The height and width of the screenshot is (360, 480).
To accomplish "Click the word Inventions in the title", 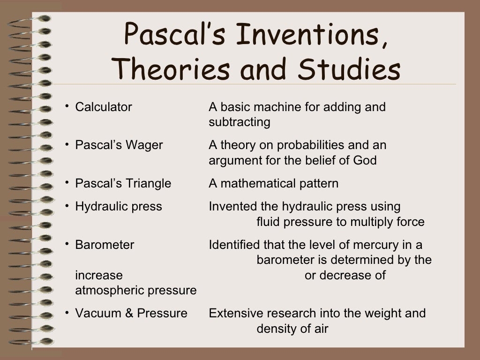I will [x=309, y=35].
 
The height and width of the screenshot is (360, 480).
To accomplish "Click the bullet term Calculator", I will [x=104, y=107].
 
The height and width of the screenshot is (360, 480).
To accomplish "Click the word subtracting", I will [x=240, y=123].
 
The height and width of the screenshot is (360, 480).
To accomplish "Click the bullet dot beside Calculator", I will [x=67, y=106].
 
